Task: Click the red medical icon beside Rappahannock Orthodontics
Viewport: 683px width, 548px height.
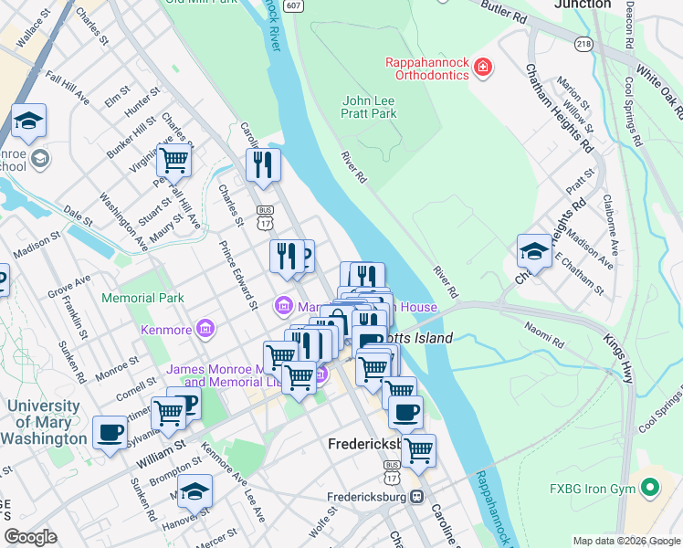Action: (x=482, y=68)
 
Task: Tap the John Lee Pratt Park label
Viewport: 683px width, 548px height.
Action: (x=369, y=107)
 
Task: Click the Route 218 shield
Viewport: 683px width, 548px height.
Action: (x=583, y=43)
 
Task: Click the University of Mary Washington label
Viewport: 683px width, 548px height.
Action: (x=44, y=422)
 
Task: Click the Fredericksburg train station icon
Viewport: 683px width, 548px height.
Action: (x=416, y=498)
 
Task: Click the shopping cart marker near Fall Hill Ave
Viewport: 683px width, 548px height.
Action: (x=173, y=160)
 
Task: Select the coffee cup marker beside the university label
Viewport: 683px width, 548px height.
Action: (x=110, y=431)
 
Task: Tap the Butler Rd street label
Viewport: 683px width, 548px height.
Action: (x=507, y=15)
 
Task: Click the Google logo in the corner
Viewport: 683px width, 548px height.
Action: (x=31, y=537)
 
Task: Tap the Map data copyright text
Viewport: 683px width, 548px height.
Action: (x=626, y=540)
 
